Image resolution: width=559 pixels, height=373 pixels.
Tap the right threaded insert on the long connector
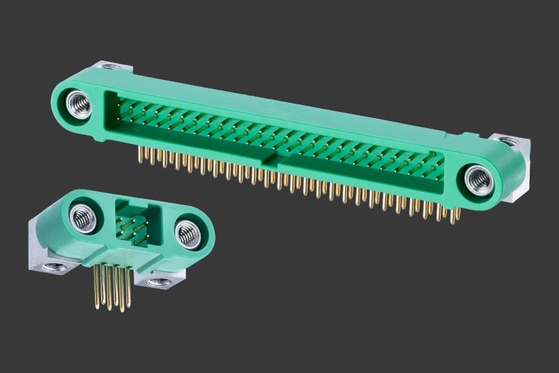pos(479,180)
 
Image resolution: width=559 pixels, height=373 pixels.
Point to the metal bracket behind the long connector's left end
pos(112,67)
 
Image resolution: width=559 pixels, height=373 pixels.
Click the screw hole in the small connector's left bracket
pos(50,268)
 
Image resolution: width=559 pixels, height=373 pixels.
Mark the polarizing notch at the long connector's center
pos(271,160)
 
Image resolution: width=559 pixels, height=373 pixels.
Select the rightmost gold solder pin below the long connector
pos(458,214)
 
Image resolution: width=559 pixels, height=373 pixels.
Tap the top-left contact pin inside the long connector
pos(120,105)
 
